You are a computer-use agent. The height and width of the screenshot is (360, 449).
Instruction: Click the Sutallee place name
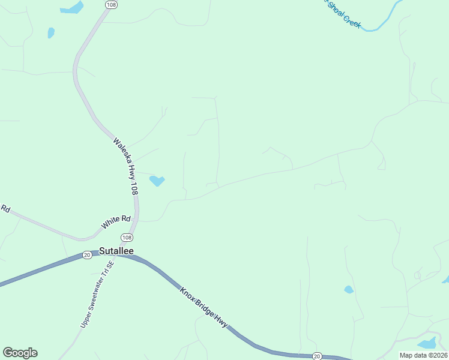[116, 251]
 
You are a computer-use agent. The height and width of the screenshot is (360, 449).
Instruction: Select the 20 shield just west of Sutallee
[87, 255]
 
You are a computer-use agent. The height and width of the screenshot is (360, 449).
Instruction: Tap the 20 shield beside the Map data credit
[316, 356]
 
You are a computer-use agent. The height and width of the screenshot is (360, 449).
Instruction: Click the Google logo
[20, 353]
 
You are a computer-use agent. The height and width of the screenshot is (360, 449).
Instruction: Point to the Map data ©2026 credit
[423, 355]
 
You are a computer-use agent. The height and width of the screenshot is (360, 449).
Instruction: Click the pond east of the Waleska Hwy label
[157, 180]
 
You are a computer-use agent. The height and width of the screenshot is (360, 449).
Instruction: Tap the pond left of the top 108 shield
[71, 8]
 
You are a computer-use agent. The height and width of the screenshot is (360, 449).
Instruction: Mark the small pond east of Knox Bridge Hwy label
[349, 289]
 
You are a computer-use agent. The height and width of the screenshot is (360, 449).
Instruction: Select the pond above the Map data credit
[427, 343]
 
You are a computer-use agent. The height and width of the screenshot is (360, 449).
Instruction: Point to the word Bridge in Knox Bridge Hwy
[204, 306]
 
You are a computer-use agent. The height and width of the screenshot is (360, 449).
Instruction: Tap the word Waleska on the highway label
[121, 151]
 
